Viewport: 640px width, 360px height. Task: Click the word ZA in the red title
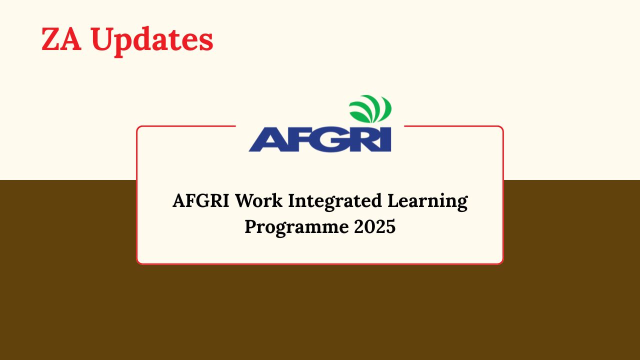pyautogui.click(x=61, y=39)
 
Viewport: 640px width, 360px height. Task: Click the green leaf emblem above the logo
pyautogui.click(x=370, y=108)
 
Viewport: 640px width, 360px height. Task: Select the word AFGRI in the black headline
pyautogui.click(x=201, y=201)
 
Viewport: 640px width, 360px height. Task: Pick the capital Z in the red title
pyautogui.click(x=51, y=39)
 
